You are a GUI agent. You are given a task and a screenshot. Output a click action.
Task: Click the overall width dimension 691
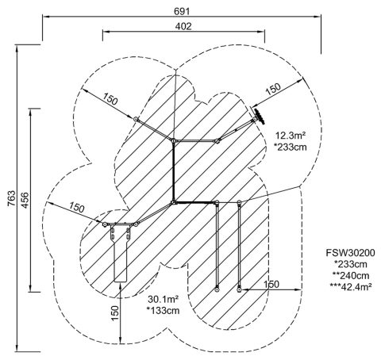(182, 11)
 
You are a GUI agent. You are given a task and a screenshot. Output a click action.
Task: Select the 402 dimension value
(183, 26)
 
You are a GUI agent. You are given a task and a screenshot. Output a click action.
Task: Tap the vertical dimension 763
(12, 198)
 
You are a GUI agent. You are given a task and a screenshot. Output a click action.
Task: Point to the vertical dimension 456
(25, 200)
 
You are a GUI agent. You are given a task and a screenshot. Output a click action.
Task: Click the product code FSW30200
(350, 253)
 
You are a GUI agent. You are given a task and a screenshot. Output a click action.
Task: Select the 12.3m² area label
(291, 136)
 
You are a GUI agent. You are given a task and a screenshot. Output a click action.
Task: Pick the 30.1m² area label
(163, 300)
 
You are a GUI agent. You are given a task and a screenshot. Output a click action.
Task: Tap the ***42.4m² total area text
(351, 287)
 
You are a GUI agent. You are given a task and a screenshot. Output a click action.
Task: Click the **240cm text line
(351, 275)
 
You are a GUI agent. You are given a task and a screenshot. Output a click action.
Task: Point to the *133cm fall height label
(163, 311)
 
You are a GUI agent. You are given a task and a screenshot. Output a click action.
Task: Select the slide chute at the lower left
(121, 253)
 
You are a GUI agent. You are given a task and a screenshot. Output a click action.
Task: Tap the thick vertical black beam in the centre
(174, 171)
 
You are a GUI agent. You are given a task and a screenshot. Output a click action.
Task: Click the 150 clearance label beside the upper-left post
(110, 99)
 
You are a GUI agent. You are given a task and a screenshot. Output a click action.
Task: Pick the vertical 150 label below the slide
(115, 313)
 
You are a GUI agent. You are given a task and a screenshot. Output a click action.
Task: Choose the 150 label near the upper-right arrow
(273, 90)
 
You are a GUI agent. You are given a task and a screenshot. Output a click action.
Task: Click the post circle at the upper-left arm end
(136, 119)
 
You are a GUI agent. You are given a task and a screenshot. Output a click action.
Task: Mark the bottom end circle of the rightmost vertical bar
(239, 289)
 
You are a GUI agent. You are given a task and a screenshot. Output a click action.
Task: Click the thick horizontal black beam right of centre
(194, 203)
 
